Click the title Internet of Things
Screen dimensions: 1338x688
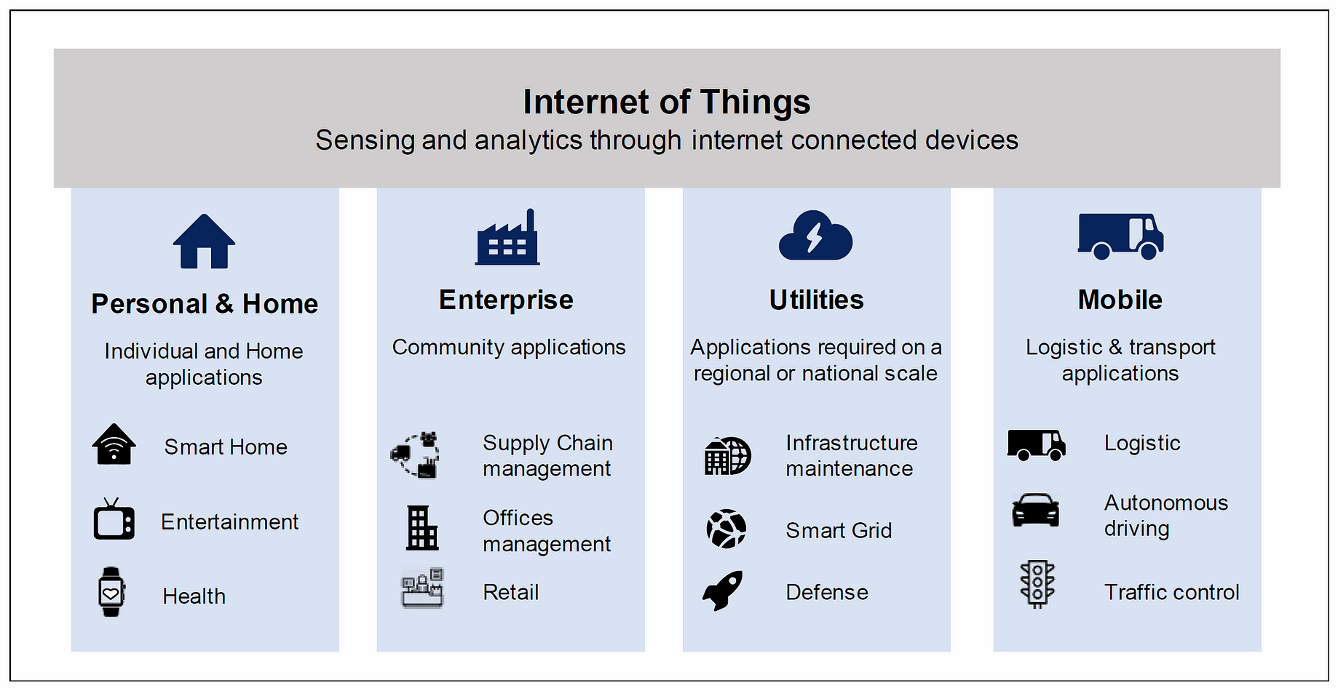tap(667, 102)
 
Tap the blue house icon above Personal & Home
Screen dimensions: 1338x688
tap(204, 241)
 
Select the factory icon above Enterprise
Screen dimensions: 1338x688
tap(507, 237)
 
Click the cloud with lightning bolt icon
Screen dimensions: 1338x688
tap(815, 236)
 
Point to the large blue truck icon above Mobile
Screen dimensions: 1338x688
tap(1120, 236)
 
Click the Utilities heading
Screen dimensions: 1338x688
tap(816, 300)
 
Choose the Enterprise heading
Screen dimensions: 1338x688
tap(506, 300)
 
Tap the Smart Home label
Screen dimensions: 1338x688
tap(226, 447)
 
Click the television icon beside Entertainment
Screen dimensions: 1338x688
tap(114, 519)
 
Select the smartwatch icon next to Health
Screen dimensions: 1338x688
tap(111, 592)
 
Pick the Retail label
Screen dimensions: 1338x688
tap(511, 592)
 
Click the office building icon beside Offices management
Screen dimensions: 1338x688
tap(422, 528)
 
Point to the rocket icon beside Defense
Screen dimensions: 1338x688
tap(723, 590)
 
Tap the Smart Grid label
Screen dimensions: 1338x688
tap(839, 530)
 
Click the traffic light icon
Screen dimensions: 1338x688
tap(1037, 584)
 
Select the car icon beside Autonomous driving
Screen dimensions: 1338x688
tap(1035, 510)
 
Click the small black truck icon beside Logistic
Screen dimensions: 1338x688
tap(1037, 445)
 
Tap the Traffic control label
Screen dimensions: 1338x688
tap(1171, 592)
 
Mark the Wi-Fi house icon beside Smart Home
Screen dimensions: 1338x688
tap(114, 444)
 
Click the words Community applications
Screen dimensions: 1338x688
tap(509, 348)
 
